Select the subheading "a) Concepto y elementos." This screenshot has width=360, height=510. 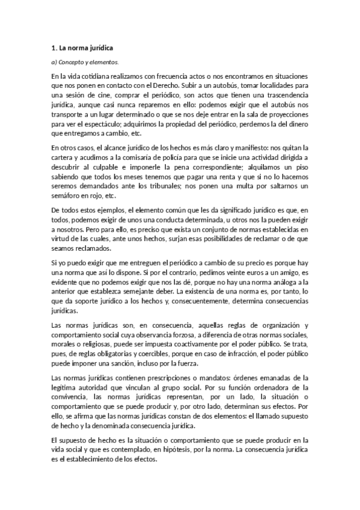pyautogui.click(x=85, y=61)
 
